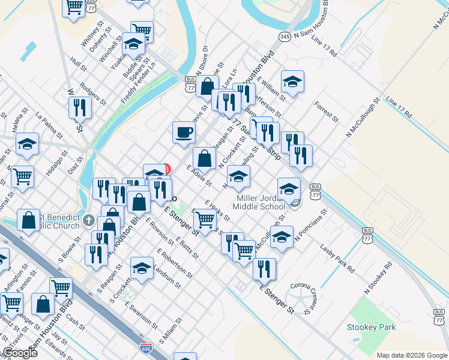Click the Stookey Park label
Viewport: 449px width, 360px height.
pos(371,327)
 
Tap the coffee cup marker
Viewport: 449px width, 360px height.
pos(184,131)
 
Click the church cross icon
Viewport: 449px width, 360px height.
pos(89,220)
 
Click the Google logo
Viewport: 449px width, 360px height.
pos(20,352)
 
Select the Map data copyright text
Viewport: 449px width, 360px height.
pos(412,355)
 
